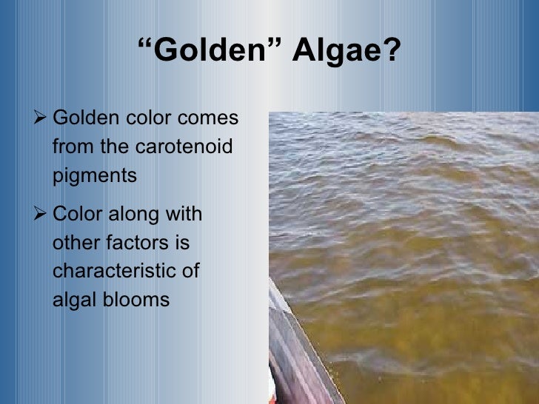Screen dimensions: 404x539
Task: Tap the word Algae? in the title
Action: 350,52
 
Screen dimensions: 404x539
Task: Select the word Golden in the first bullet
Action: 82,118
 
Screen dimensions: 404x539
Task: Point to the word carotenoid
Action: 184,147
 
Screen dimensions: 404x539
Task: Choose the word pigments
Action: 95,175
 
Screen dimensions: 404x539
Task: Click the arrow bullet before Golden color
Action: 41,118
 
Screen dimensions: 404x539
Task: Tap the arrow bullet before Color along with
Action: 41,215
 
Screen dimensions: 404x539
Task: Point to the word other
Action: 72,243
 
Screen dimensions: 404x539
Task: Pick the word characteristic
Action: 126,272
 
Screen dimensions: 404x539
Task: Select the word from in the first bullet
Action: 73,147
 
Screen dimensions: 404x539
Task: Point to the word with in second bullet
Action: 185,215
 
